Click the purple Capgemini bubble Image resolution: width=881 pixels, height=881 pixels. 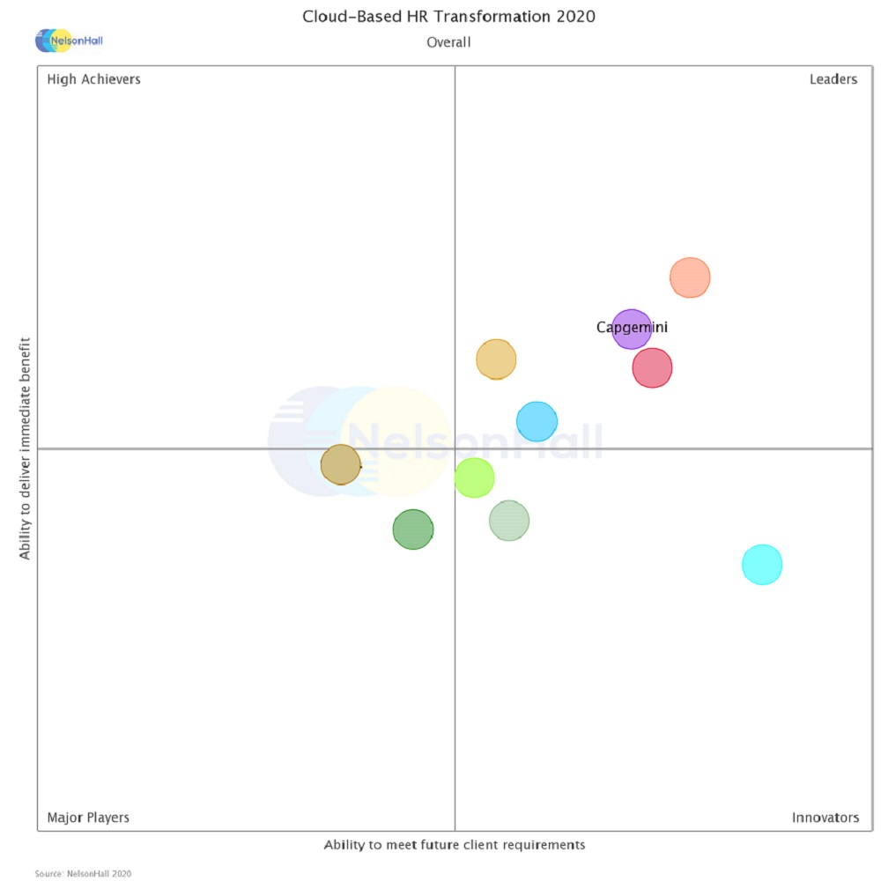[x=632, y=329]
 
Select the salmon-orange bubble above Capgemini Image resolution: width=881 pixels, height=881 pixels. [x=690, y=278]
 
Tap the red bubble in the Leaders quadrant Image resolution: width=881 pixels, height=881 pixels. [x=652, y=367]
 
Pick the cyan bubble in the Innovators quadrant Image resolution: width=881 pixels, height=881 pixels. [x=762, y=564]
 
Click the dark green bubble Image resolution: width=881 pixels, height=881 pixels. [x=413, y=529]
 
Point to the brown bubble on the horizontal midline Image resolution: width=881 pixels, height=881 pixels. [x=341, y=464]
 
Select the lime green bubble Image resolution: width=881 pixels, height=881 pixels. [x=474, y=478]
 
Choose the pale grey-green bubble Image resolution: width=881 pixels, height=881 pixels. [x=509, y=520]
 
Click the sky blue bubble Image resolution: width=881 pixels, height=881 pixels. [x=537, y=421]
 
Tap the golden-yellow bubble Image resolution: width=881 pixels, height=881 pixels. [x=496, y=359]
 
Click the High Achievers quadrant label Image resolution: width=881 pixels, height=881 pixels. [x=93, y=79]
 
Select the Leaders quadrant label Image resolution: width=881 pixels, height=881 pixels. [x=833, y=79]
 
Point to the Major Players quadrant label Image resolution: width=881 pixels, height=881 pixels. [x=88, y=818]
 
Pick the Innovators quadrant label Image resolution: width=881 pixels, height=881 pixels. [x=825, y=818]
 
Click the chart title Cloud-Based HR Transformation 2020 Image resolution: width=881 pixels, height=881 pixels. [x=448, y=17]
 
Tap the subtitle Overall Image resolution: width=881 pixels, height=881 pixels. [x=448, y=42]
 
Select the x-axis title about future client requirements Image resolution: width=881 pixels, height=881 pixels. [x=454, y=845]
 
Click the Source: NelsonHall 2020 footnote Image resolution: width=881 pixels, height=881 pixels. [x=83, y=873]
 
